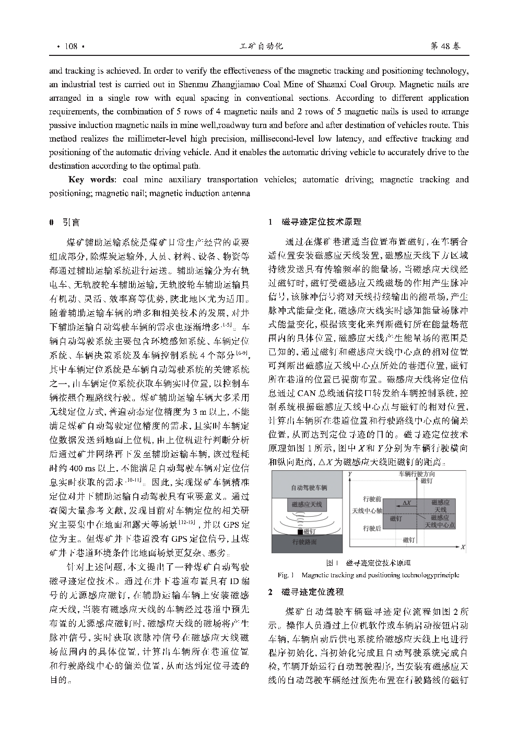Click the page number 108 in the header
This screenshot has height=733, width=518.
coord(70,46)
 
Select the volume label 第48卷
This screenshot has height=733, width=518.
coord(445,46)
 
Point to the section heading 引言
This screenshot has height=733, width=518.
coord(72,223)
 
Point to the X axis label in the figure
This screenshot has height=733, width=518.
coord(463,546)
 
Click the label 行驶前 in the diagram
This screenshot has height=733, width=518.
coord(372,499)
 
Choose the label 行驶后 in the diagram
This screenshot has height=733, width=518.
coord(372,528)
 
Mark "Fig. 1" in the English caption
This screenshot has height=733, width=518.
coord(287,575)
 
